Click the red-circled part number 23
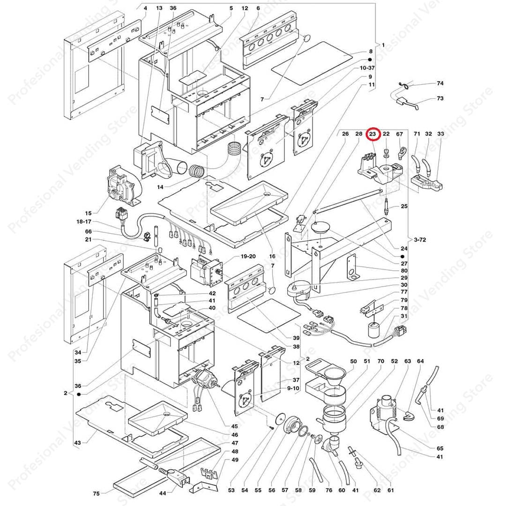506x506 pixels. click(372, 134)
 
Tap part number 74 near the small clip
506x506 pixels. click(440, 83)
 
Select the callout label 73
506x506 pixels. click(440, 98)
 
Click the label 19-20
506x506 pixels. click(248, 256)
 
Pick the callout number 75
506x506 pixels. click(97, 493)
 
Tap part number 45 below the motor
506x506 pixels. click(234, 426)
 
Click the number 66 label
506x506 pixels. click(89, 231)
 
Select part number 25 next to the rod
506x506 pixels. click(404, 207)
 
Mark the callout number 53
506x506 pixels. click(231, 490)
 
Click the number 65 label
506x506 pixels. click(439, 448)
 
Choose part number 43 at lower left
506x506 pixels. click(77, 443)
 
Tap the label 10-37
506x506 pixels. click(367, 68)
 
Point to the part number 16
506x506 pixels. click(272, 256)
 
